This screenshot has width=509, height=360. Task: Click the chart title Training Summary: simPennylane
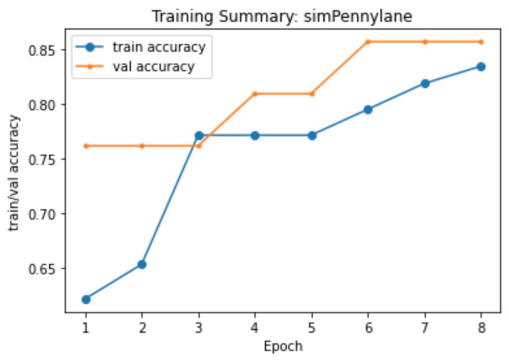click(x=282, y=17)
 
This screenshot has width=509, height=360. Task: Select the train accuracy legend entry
click(x=159, y=47)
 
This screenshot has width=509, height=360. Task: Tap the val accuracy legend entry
click(x=153, y=66)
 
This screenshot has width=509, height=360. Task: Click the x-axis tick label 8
click(x=481, y=328)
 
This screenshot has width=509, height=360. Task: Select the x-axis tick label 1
click(x=85, y=328)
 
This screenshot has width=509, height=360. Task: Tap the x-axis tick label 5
click(x=311, y=328)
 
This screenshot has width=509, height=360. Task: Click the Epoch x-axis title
click(x=283, y=346)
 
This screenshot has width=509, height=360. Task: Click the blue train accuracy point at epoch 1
click(x=86, y=299)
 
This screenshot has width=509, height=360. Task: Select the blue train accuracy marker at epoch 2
click(x=142, y=264)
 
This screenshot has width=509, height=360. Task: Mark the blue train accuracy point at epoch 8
click(x=481, y=66)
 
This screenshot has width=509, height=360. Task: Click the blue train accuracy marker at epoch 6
click(x=368, y=109)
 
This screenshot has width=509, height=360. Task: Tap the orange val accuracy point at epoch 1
click(x=86, y=146)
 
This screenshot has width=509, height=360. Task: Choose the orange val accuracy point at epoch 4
click(x=255, y=93)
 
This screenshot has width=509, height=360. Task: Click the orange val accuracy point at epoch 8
click(x=481, y=42)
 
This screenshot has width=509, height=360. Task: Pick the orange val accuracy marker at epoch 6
click(x=368, y=42)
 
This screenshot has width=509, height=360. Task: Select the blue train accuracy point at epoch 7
click(x=424, y=83)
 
